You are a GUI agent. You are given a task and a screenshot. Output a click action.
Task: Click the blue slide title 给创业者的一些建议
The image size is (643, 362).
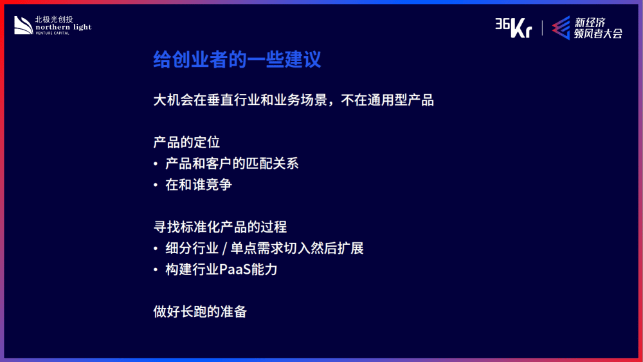tap(237, 59)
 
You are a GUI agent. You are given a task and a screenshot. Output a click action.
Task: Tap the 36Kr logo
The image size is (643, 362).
tap(513, 28)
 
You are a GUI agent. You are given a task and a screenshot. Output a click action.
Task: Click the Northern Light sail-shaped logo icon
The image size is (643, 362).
tap(23, 26)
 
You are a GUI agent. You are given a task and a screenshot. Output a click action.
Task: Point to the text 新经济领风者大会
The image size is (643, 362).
tap(598, 28)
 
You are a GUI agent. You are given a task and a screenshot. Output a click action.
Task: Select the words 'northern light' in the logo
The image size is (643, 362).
tap(64, 27)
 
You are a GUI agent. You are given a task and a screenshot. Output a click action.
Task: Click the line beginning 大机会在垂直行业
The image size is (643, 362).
tap(293, 100)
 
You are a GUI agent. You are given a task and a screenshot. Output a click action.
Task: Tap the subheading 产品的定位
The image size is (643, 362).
tap(186, 142)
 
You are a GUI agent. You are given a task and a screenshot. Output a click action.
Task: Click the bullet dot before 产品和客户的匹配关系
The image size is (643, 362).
tap(156, 164)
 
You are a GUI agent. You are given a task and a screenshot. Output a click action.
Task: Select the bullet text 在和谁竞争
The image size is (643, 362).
tap(199, 184)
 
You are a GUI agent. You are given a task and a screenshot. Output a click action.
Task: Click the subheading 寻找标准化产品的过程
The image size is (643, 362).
tap(220, 227)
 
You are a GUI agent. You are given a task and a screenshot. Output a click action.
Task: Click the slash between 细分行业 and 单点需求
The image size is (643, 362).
tap(224, 248)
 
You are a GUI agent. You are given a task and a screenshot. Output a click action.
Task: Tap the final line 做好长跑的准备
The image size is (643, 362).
tap(200, 312)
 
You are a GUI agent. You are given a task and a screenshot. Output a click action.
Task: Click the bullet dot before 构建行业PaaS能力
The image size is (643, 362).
tap(156, 270)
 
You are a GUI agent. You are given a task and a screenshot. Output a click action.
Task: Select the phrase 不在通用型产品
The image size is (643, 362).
tap(387, 100)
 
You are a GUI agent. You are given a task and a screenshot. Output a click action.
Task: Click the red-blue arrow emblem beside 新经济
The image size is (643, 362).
tap(561, 28)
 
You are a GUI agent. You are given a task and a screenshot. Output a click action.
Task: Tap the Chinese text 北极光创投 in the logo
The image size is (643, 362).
tap(54, 19)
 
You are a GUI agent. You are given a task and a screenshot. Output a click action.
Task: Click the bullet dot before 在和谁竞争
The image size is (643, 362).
tap(156, 186)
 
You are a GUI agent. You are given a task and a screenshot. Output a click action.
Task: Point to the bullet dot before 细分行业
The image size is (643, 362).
tap(156, 249)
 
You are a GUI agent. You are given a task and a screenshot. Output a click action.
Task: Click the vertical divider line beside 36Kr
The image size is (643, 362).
tap(542, 28)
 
